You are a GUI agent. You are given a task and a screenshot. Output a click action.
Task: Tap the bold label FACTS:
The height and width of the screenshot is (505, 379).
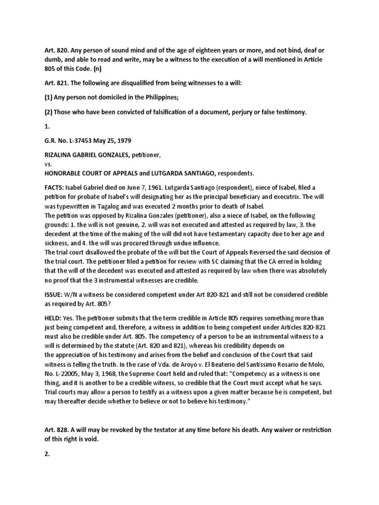(x=53, y=188)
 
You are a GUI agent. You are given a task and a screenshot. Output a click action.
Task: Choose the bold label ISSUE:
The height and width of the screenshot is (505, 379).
(x=52, y=294)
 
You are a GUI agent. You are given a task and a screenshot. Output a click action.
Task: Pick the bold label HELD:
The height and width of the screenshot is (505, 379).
(x=51, y=318)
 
